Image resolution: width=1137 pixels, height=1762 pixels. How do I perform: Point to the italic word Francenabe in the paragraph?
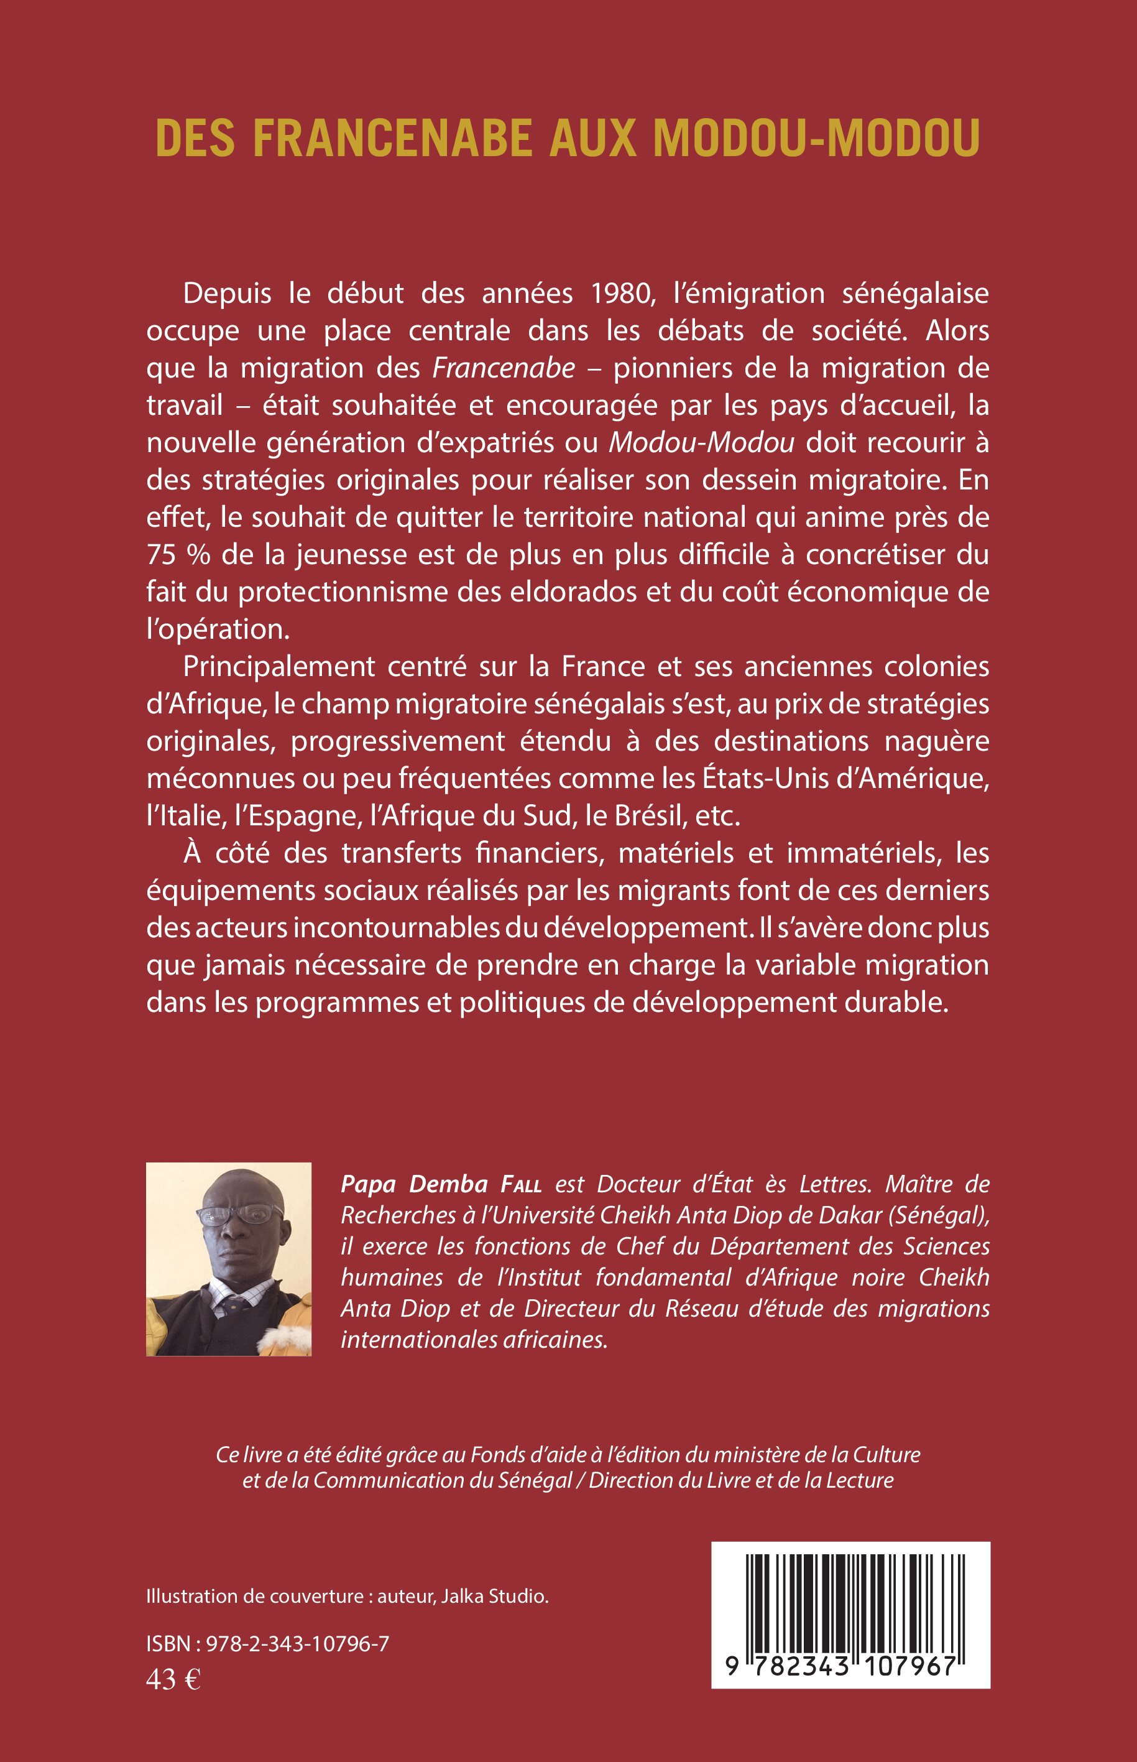[x=504, y=368]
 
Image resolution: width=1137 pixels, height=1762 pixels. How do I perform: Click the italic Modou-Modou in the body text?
[x=701, y=442]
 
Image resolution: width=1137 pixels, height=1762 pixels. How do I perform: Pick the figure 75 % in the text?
[x=178, y=555]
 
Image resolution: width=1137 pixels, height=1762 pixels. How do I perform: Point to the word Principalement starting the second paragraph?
[x=279, y=667]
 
